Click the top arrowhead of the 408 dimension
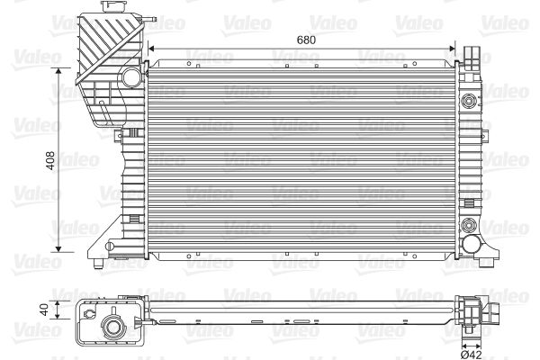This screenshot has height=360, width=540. (x=60, y=70)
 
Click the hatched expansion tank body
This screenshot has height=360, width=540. (x=103, y=54)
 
